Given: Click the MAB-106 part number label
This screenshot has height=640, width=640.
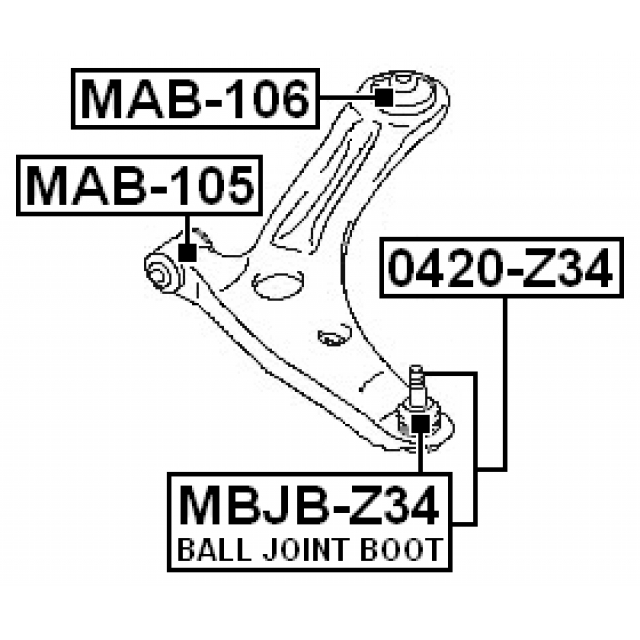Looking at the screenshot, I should (x=195, y=98).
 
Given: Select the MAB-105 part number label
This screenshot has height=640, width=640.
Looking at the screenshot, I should (x=139, y=184).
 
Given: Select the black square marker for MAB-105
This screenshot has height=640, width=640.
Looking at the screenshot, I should (x=187, y=251).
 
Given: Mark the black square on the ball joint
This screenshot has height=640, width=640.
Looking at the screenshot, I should (x=420, y=427).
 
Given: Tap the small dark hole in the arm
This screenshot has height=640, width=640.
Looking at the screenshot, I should (x=327, y=337).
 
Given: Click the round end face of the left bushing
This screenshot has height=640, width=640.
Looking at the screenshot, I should (x=158, y=272).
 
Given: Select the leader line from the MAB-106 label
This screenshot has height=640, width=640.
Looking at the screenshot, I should (x=345, y=97).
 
